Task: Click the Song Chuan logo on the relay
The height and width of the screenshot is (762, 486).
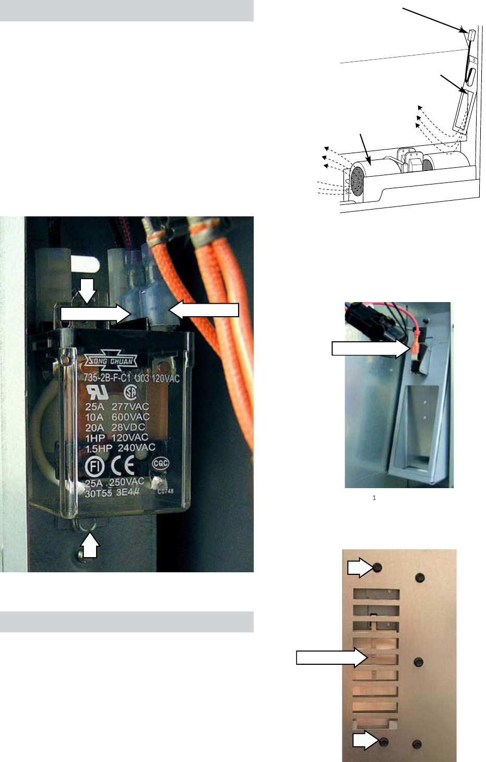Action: click(x=111, y=361)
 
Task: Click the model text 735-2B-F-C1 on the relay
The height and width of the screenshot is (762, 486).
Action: click(x=109, y=378)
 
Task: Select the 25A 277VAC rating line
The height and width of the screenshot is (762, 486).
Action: click(x=117, y=407)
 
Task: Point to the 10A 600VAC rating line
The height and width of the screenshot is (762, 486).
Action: click(x=117, y=417)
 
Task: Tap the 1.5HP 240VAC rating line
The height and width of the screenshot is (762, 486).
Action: click(x=120, y=448)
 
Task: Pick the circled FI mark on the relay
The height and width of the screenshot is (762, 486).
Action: click(x=94, y=467)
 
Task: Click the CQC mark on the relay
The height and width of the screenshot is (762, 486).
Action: click(x=160, y=463)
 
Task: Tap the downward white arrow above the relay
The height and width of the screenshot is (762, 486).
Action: click(x=87, y=290)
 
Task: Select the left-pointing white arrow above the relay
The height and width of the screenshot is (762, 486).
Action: click(x=204, y=310)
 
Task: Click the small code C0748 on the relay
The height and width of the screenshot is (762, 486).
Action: click(x=165, y=491)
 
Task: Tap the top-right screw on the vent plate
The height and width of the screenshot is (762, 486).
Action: click(x=419, y=578)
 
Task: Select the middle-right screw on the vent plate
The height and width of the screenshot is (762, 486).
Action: click(x=418, y=663)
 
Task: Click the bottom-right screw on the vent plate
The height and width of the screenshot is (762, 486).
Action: click(x=417, y=744)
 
